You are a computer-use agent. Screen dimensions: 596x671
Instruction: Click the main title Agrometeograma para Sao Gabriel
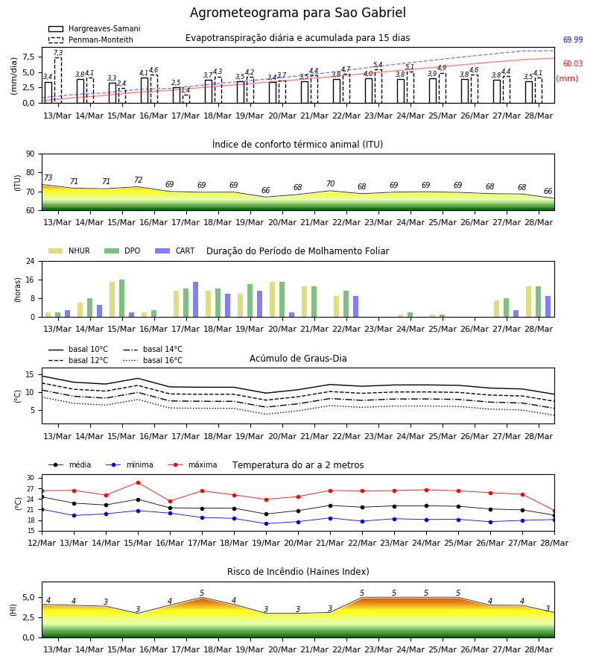(x=297, y=13)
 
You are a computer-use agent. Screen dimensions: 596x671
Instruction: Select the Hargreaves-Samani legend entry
(x=95, y=28)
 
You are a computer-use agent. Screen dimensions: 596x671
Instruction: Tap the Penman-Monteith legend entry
(x=91, y=40)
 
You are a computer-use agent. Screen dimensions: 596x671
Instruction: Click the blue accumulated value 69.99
(x=572, y=40)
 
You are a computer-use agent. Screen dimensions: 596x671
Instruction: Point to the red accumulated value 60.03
(x=572, y=64)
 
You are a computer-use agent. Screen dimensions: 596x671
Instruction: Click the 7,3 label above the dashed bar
(x=58, y=53)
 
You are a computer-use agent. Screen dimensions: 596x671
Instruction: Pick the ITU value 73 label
(x=48, y=177)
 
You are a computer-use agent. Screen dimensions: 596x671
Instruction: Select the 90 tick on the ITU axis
(x=31, y=154)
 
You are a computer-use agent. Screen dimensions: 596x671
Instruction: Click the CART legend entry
(x=175, y=251)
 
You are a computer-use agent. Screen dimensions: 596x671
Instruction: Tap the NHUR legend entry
(x=69, y=251)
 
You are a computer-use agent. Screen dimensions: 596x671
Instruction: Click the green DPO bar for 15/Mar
(x=122, y=298)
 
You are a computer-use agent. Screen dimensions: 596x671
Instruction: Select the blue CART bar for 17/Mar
(x=195, y=300)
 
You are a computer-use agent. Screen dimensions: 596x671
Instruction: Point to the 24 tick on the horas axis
(x=31, y=261)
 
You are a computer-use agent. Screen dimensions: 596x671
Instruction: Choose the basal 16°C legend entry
(x=153, y=360)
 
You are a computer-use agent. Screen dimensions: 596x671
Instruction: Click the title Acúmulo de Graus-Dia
(x=298, y=359)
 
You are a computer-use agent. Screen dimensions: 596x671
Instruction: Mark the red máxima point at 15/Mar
(x=138, y=482)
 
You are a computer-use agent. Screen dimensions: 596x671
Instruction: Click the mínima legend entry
(x=130, y=464)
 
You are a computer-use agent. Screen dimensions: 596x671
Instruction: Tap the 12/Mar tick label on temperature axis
(x=42, y=543)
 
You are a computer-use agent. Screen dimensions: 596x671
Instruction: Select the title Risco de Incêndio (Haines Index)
(x=298, y=572)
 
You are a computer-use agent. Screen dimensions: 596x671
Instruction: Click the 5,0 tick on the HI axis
(x=28, y=598)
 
